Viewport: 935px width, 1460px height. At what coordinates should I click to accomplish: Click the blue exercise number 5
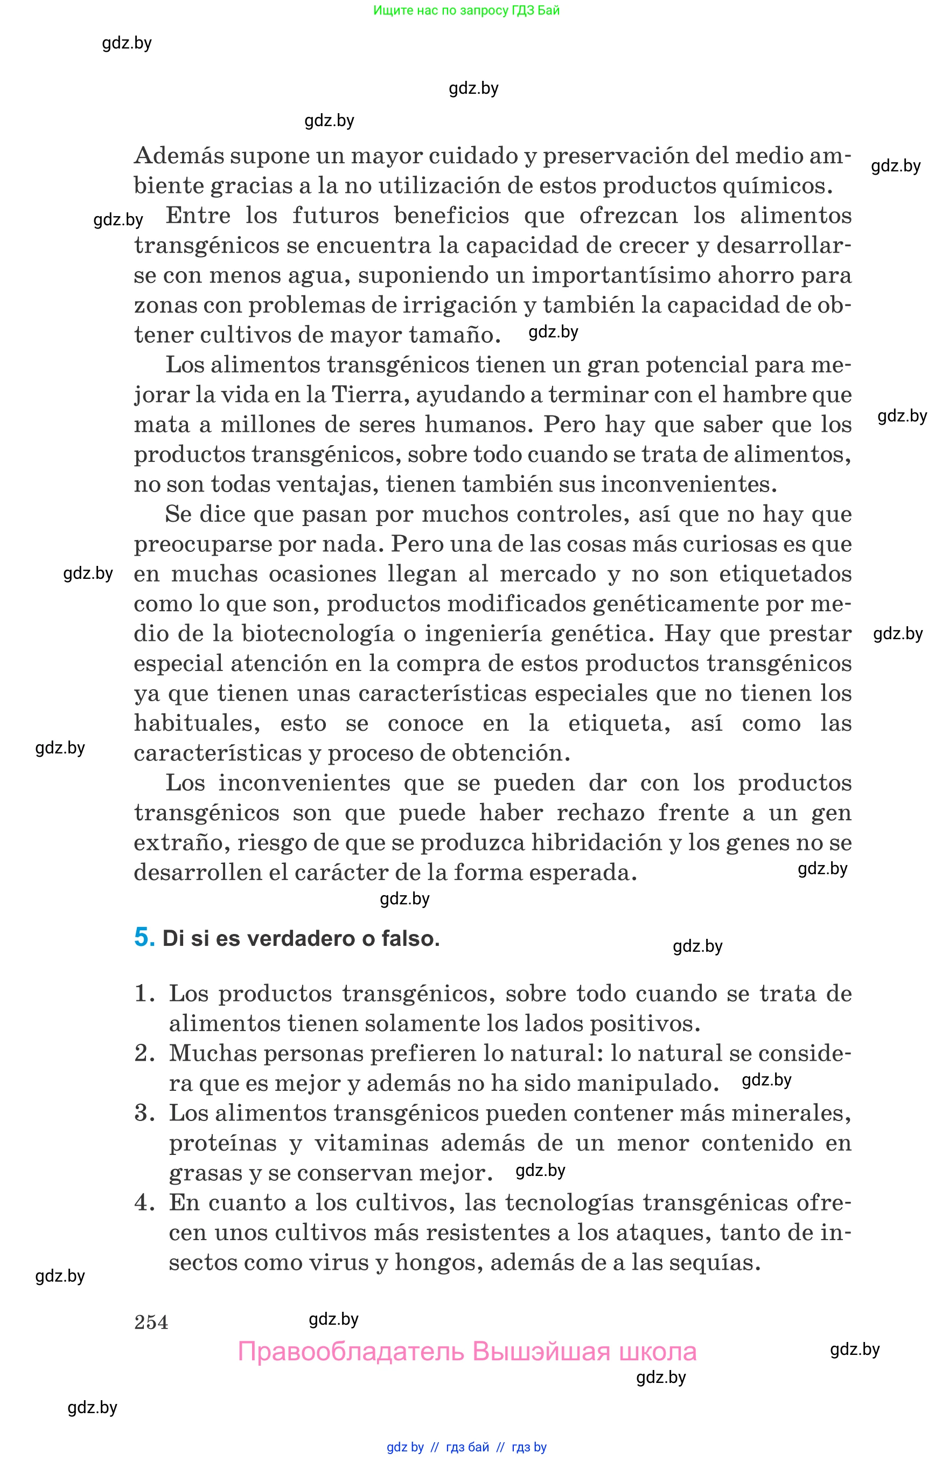144,937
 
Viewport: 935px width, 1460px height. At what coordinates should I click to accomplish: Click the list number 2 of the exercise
144,1054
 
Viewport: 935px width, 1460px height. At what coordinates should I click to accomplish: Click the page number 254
151,1322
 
